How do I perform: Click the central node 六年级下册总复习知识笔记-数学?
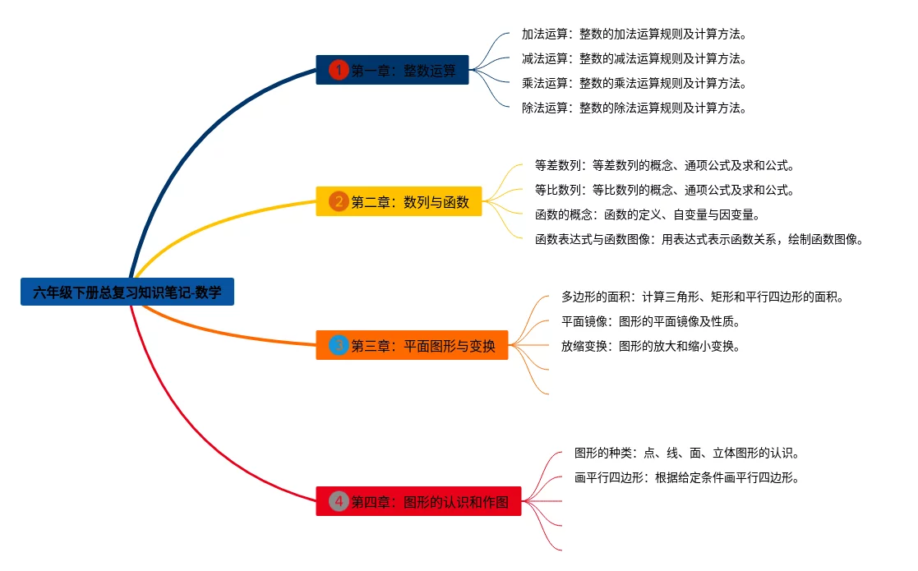(127, 292)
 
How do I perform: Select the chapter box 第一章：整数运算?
(392, 71)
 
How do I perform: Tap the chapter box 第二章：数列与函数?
(399, 201)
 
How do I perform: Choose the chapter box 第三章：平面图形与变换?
(412, 345)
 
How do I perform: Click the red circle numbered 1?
(338, 71)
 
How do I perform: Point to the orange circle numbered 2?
(338, 201)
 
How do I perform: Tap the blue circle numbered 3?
(338, 345)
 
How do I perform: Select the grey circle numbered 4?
(338, 501)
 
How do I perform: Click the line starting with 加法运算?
(634, 35)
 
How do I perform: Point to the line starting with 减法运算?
(634, 58)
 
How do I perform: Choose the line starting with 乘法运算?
(634, 83)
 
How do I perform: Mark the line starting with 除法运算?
(634, 108)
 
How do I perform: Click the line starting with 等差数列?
(664, 165)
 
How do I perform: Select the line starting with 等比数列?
(664, 190)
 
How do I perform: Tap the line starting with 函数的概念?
(647, 214)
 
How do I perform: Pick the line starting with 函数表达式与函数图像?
(699, 239)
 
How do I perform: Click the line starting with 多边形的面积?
(703, 297)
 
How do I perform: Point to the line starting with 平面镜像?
(651, 321)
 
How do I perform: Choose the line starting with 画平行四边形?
(687, 477)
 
